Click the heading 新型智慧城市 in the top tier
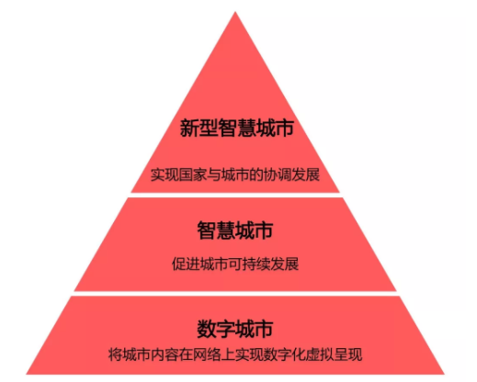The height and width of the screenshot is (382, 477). (237, 128)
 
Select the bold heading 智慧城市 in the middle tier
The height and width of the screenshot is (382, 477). (235, 230)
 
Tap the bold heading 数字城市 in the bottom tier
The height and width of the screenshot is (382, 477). (235, 329)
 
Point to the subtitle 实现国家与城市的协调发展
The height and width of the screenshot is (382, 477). (235, 174)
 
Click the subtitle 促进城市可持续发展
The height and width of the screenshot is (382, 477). (235, 264)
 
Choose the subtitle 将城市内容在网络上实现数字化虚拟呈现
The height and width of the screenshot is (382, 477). (235, 354)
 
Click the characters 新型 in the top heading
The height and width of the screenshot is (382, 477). (199, 128)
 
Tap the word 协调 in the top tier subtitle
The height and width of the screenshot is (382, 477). (278, 174)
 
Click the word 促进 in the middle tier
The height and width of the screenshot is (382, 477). (186, 264)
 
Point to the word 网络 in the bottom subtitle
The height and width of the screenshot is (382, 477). (207, 354)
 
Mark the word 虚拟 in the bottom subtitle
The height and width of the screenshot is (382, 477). (320, 354)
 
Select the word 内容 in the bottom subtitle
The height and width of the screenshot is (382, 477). (165, 354)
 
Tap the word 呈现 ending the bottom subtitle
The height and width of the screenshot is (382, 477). (348, 354)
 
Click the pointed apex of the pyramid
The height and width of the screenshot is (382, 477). (235, 12)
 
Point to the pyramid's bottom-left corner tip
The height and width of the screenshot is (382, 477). (27, 374)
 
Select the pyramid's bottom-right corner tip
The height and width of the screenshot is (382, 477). (443, 374)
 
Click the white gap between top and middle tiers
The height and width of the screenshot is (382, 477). (235, 195)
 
